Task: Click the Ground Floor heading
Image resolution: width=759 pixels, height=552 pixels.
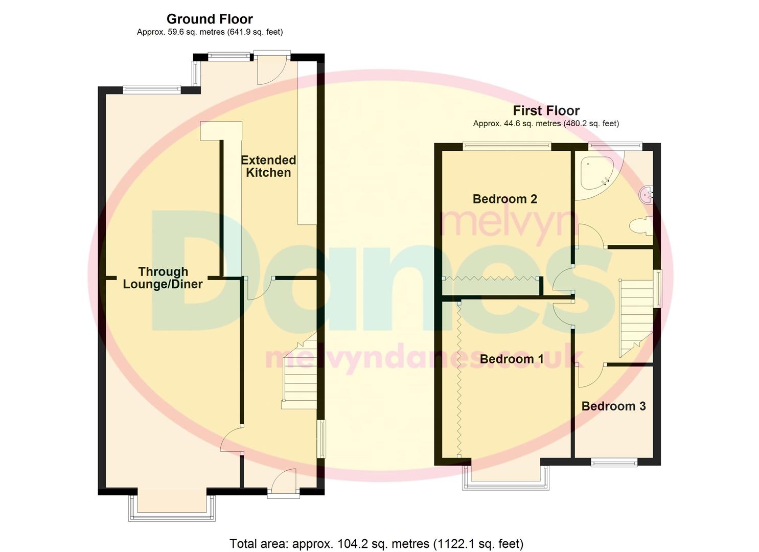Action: click(210, 19)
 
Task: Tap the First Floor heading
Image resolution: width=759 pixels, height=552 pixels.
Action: click(546, 110)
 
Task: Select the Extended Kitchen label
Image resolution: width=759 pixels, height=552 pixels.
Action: click(268, 166)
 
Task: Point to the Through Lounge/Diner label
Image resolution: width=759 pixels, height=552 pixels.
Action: click(163, 278)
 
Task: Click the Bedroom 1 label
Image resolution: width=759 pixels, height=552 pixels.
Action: click(512, 359)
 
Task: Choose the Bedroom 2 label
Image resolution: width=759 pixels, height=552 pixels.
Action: click(505, 199)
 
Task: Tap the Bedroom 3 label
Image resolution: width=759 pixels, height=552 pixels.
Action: click(614, 406)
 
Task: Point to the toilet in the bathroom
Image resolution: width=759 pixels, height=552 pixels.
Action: click(641, 225)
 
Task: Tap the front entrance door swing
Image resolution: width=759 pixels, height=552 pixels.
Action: click(284, 480)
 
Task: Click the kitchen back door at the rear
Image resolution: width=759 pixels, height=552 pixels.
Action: click(272, 70)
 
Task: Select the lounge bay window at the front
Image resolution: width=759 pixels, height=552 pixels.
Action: click(172, 508)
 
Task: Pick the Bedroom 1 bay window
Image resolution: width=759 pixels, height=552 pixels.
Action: click(505, 477)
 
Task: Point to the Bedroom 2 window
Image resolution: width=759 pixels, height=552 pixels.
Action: click(507, 146)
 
